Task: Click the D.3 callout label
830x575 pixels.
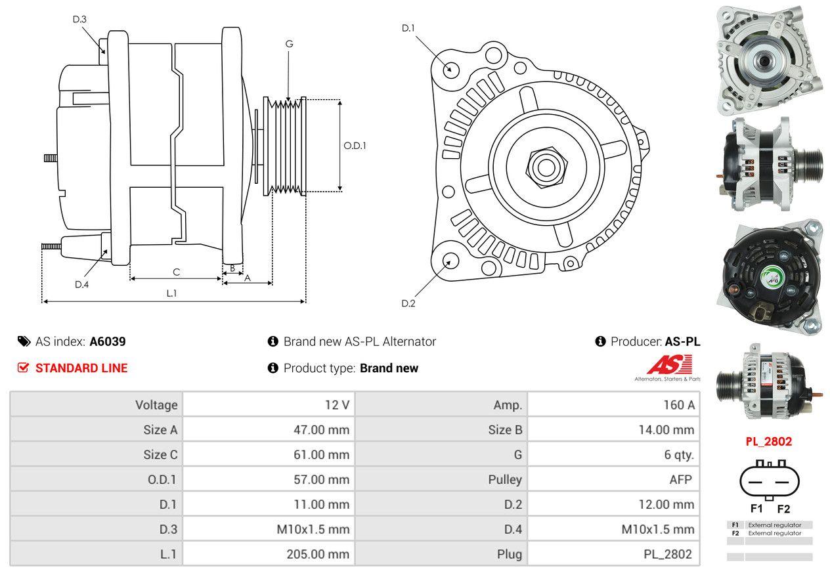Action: [x=79, y=19]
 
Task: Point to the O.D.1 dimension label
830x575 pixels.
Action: [x=355, y=146]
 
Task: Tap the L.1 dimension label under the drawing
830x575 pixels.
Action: [x=171, y=293]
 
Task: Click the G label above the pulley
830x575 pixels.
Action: [x=289, y=44]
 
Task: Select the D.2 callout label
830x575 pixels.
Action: [x=408, y=303]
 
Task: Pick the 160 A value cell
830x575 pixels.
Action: [x=614, y=405]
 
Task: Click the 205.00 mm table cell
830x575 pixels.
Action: [x=269, y=554]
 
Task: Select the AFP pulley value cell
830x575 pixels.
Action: [x=614, y=479]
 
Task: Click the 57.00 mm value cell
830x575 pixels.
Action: [x=269, y=479]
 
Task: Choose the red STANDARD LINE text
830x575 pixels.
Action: [x=81, y=368]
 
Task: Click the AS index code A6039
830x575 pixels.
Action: [x=108, y=341]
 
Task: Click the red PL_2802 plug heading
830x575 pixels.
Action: [x=768, y=441]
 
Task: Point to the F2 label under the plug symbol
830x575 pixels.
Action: [x=783, y=509]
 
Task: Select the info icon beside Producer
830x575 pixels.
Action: [x=600, y=341]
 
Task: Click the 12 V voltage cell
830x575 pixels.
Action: [x=269, y=405]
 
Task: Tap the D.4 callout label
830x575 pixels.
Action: [x=81, y=284]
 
